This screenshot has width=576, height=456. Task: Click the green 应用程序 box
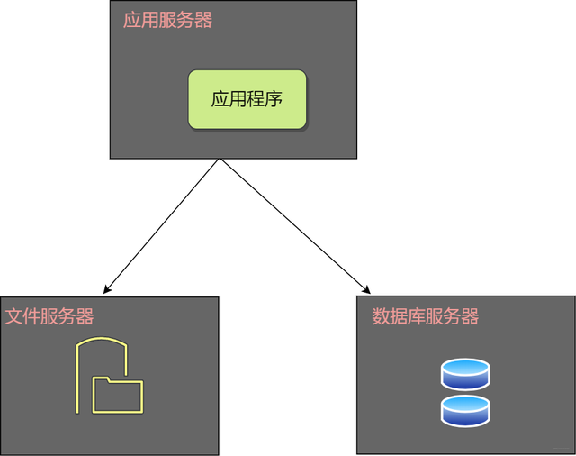[x=247, y=98]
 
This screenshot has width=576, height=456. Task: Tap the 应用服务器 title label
[x=167, y=20]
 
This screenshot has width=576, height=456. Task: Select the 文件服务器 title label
[x=49, y=316]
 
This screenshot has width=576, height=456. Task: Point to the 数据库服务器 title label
[x=425, y=316]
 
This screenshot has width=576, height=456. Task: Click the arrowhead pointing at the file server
[x=107, y=290]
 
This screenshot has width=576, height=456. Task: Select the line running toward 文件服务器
[x=164, y=225]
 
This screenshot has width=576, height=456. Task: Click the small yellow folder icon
[x=117, y=396]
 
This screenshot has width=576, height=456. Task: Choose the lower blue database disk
[x=465, y=411]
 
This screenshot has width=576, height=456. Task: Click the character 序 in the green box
[x=274, y=98]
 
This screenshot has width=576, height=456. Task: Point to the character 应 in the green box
[x=220, y=98]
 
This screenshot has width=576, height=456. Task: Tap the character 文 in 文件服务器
[x=14, y=316]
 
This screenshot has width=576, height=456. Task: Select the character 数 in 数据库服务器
[x=381, y=316]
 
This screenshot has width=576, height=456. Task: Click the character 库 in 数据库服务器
[x=416, y=316]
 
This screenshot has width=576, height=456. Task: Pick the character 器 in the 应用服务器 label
[x=203, y=20]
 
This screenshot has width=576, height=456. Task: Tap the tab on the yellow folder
[x=102, y=379]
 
